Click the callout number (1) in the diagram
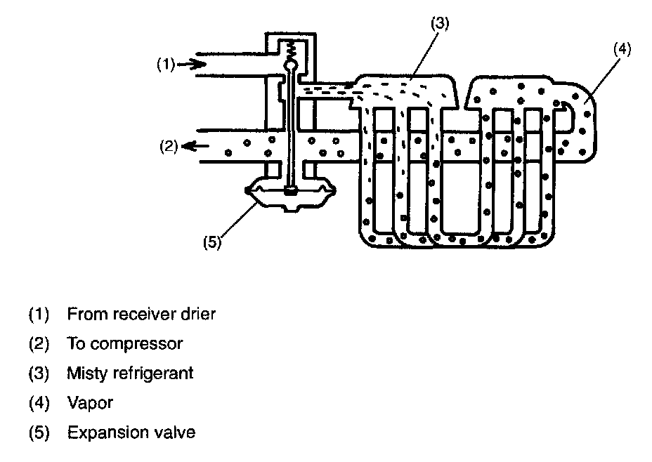point(166,65)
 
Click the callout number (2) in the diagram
point(169,146)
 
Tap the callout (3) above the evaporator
point(440,23)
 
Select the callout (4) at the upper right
point(622,49)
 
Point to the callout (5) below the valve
point(212,242)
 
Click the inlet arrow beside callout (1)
point(191,64)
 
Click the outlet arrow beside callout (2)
point(195,146)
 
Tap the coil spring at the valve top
point(291,51)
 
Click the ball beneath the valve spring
point(291,65)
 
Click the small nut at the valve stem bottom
point(291,191)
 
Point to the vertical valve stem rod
point(291,128)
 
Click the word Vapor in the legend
point(90,402)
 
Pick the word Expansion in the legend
point(107,433)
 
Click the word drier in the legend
point(198,314)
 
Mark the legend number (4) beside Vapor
point(39,403)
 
